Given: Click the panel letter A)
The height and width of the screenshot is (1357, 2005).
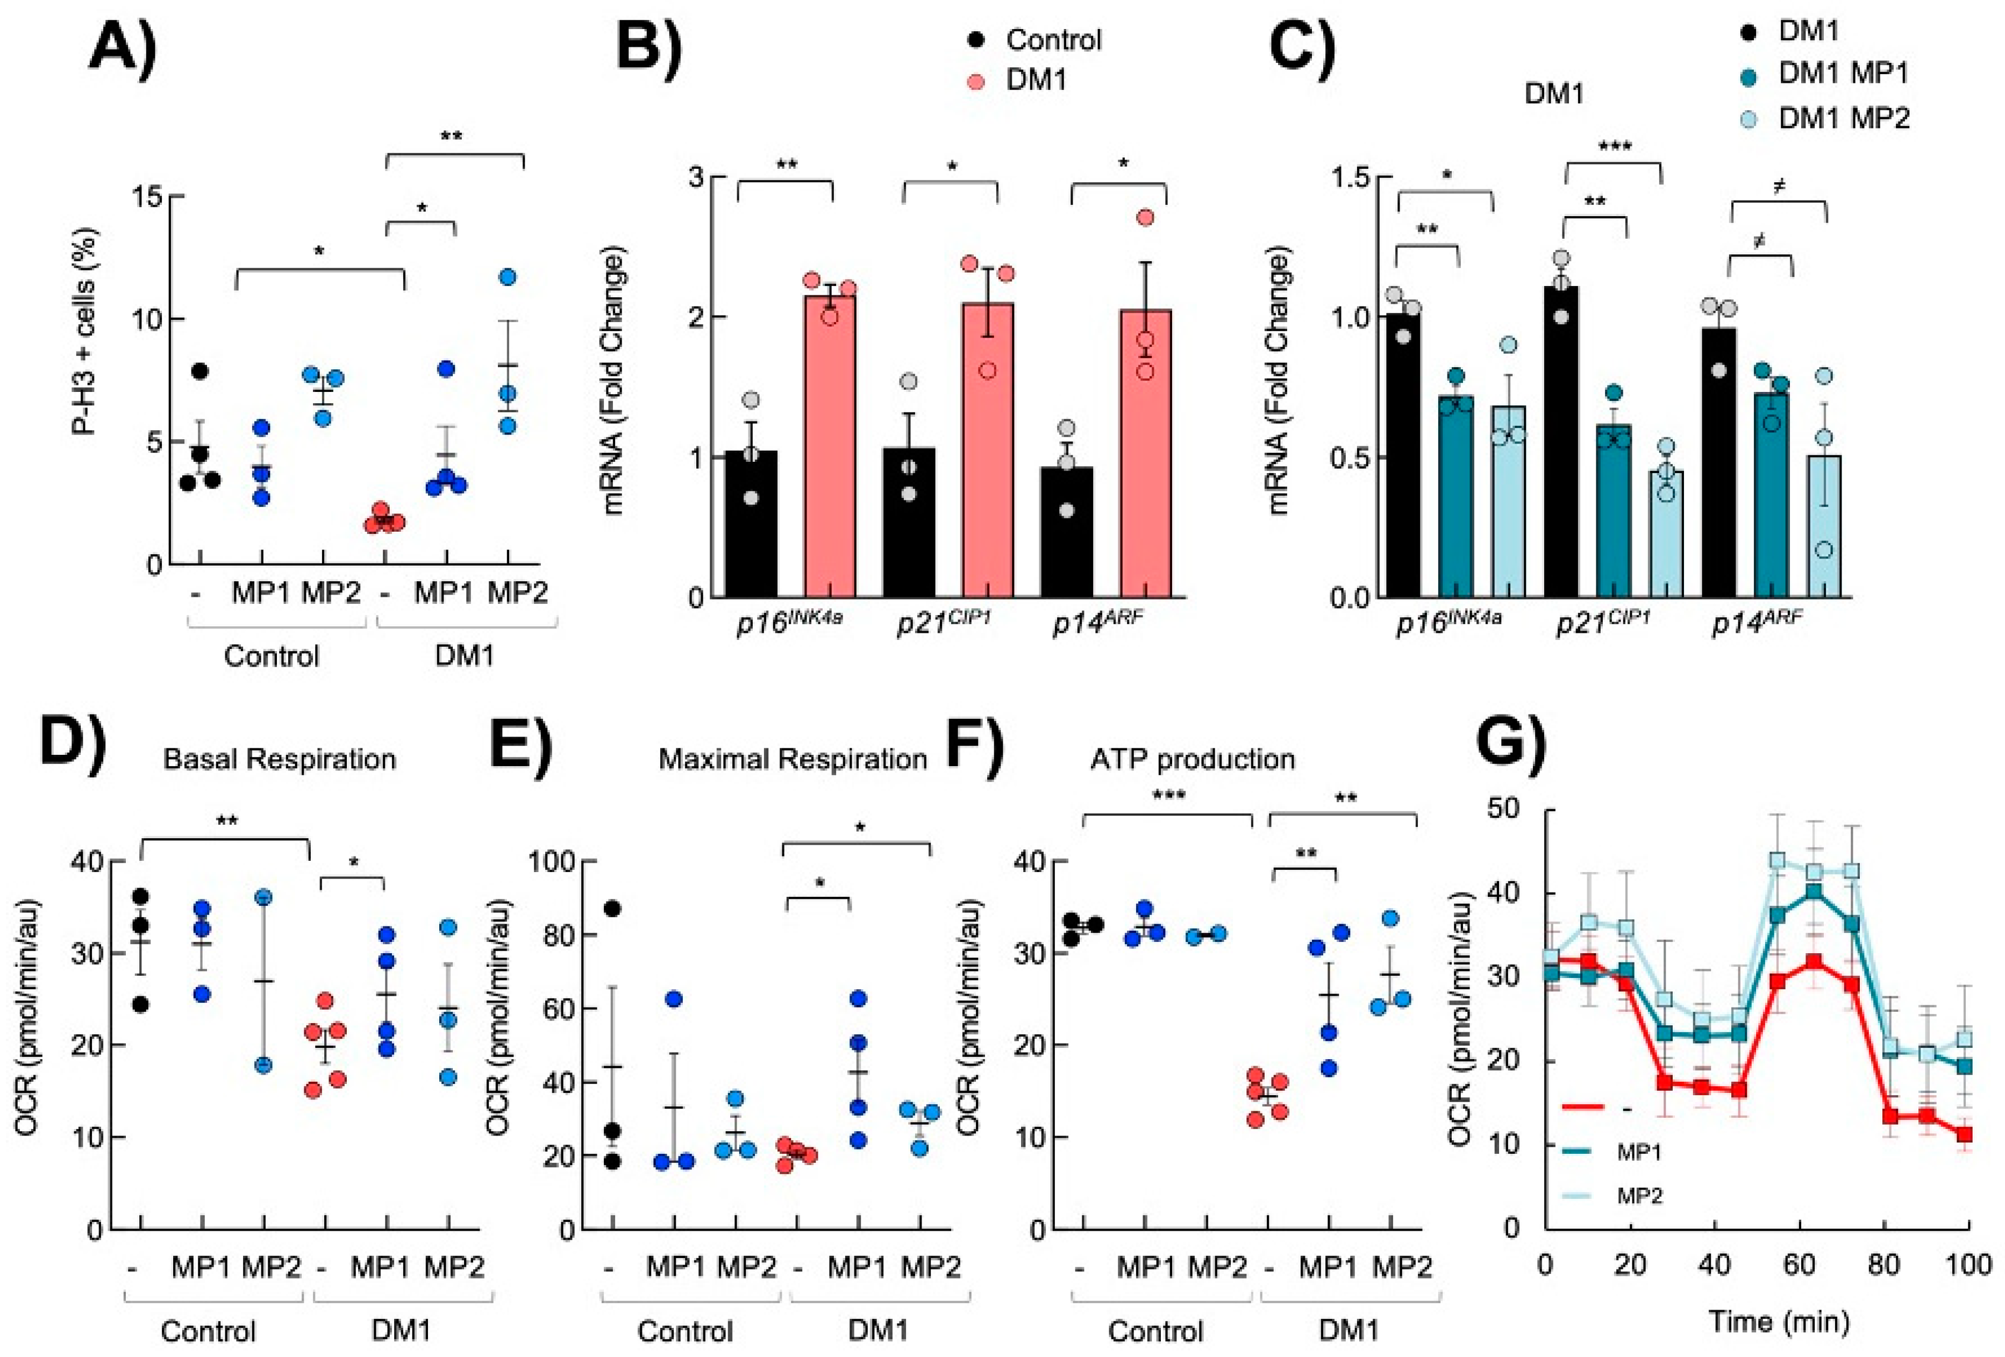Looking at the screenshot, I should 123,49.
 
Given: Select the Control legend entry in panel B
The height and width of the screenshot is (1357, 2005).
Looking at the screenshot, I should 1053,40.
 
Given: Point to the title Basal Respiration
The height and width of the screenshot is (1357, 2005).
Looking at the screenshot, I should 280,759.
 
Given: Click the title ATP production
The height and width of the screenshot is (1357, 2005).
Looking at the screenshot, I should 1193,759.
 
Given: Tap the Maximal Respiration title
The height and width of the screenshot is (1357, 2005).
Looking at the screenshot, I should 792,759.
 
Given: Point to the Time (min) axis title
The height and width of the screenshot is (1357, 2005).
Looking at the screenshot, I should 1779,1322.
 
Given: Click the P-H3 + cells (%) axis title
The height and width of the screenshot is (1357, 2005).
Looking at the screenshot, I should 85,331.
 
